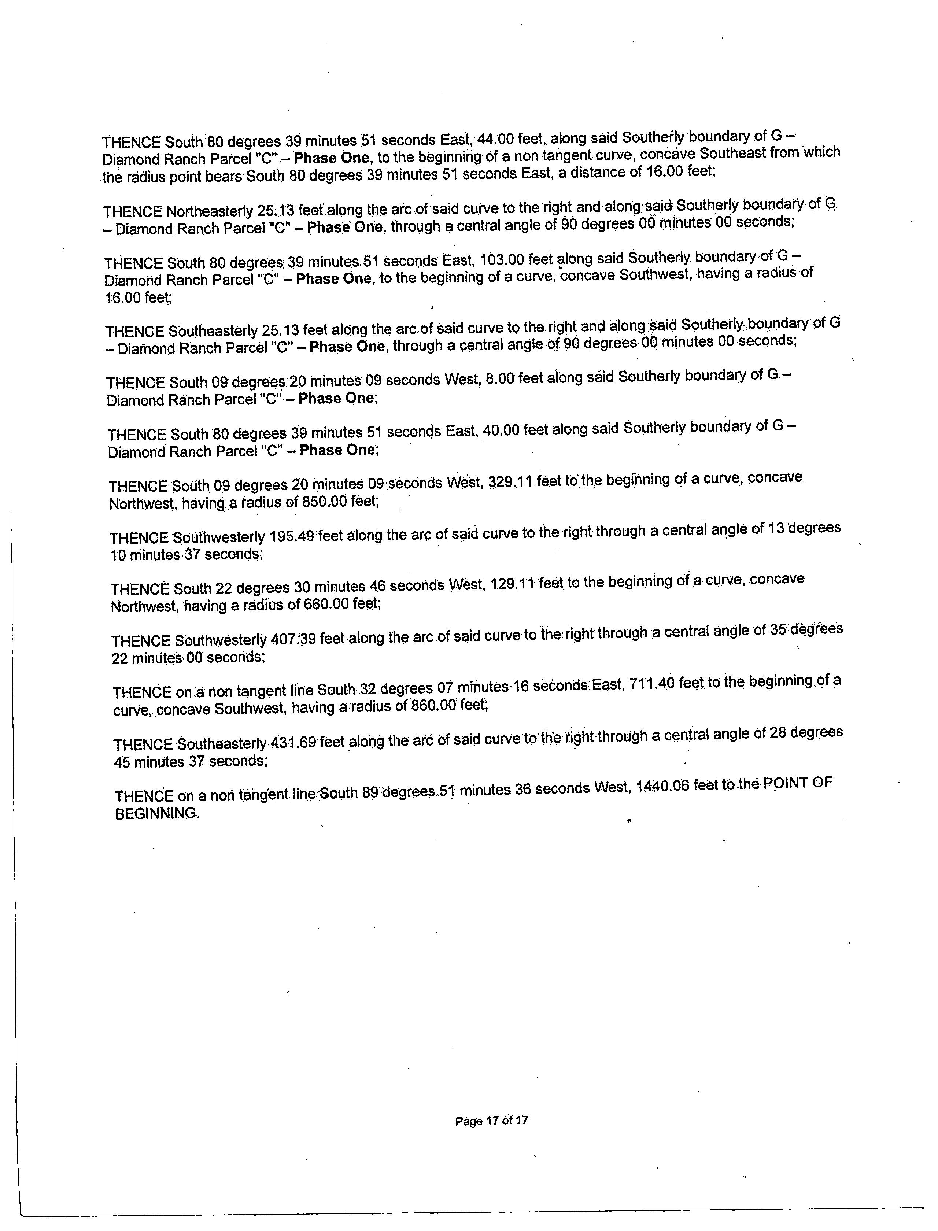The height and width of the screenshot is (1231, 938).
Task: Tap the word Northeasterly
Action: click(209, 212)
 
